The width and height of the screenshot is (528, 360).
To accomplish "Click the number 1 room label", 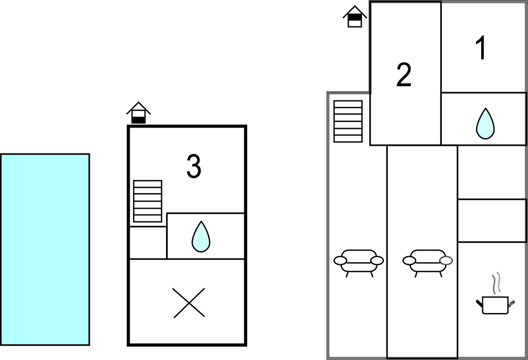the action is pyautogui.click(x=482, y=47).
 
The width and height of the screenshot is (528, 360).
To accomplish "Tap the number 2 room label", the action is pyautogui.click(x=404, y=75).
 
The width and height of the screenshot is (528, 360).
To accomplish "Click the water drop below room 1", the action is pyautogui.click(x=485, y=124).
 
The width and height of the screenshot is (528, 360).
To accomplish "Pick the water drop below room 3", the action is pyautogui.click(x=201, y=237).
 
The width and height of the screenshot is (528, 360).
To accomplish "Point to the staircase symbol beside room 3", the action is pyautogui.click(x=147, y=201).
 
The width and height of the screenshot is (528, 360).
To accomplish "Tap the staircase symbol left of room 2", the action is pyautogui.click(x=348, y=121).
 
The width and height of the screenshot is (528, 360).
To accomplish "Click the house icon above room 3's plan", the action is pyautogui.click(x=138, y=113).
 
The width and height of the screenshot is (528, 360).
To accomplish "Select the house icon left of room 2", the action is pyautogui.click(x=355, y=17).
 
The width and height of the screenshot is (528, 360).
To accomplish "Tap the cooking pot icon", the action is pyautogui.click(x=495, y=305).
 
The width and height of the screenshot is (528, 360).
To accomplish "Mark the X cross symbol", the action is pyautogui.click(x=189, y=303).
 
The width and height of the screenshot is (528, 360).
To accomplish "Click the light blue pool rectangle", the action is pyautogui.click(x=45, y=250).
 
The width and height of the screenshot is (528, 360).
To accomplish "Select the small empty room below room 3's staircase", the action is pyautogui.click(x=148, y=243).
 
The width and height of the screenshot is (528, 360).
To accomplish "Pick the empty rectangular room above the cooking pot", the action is pyautogui.click(x=492, y=221).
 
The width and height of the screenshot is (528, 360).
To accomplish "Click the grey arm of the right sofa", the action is pyautogui.click(x=446, y=261).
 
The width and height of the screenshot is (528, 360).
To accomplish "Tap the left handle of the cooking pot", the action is pyautogui.click(x=479, y=303).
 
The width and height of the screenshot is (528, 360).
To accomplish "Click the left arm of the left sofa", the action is pyautogui.click(x=340, y=261).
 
